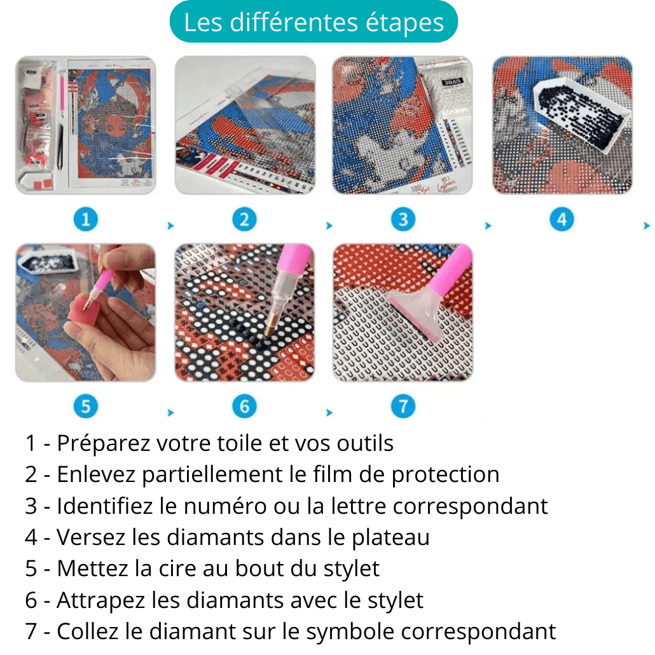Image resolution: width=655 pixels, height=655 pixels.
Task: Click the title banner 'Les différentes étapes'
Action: coord(314,23)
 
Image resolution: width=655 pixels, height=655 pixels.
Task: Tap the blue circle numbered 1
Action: coord(86,220)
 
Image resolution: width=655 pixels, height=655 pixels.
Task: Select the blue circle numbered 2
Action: coord(244,220)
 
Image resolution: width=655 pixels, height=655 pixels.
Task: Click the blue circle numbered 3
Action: coord(403,220)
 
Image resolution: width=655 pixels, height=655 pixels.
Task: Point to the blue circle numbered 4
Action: coord(562,220)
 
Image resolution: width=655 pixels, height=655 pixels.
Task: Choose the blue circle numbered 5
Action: coord(86,406)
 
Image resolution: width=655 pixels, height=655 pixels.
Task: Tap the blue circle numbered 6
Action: coord(244,406)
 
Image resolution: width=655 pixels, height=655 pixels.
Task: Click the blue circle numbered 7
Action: coord(403,406)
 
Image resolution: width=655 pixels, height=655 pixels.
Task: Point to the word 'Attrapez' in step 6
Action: coord(102,600)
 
